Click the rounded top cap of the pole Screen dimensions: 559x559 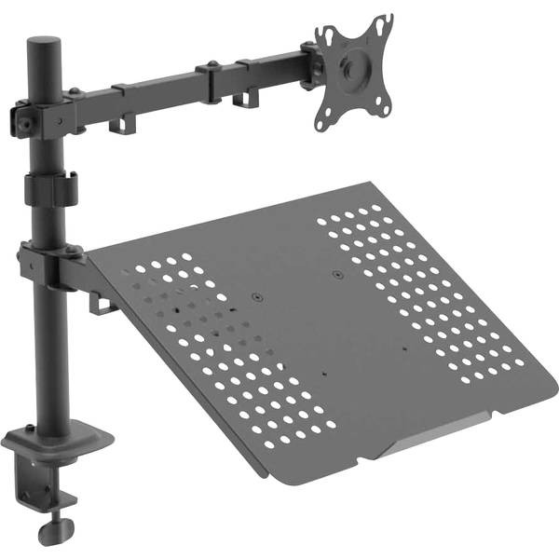pyautogui.click(x=43, y=46)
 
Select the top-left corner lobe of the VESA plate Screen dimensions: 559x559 pyautogui.click(x=326, y=35)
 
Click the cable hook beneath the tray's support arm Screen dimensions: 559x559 pyautogui.click(x=99, y=302)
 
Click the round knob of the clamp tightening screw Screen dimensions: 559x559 pyautogui.click(x=50, y=537)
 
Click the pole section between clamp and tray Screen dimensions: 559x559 pyautogui.click(x=43, y=354)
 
